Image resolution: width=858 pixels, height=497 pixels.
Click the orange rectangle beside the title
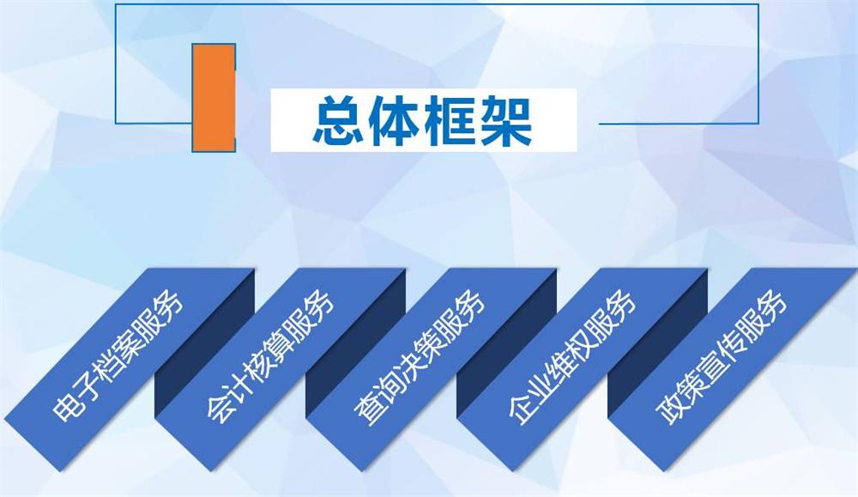(x=214, y=98)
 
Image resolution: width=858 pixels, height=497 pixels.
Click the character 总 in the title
(x=335, y=121)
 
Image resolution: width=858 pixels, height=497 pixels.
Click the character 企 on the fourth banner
(x=518, y=410)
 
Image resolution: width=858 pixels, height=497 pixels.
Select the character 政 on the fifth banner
(x=668, y=410)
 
